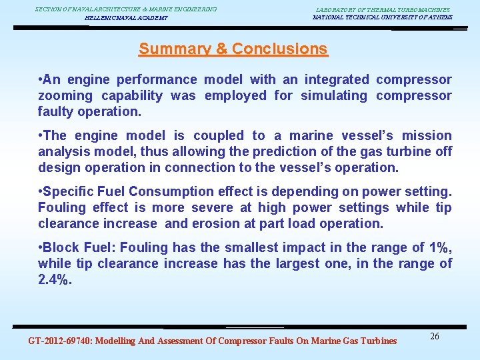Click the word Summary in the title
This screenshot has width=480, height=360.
pos(171,49)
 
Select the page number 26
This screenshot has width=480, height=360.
pos(434,336)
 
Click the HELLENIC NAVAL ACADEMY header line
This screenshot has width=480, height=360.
pos(126,18)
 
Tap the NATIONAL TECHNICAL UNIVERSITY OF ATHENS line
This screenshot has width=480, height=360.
pos(382,17)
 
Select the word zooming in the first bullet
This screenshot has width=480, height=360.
pos(65,95)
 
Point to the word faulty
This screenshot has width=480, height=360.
pos(56,111)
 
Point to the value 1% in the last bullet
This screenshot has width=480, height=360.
pos(439,247)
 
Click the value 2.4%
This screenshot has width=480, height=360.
pos(55,279)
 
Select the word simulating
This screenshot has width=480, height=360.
pos(333,95)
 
